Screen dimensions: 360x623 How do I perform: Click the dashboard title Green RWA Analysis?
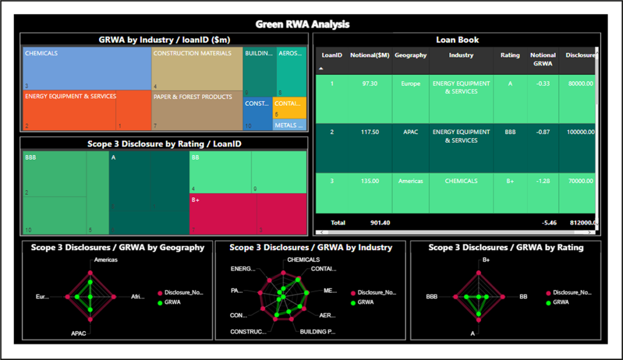click(302, 24)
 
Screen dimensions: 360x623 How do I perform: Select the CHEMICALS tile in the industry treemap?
click(86, 68)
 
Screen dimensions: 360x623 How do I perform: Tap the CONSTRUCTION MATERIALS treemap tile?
click(197, 68)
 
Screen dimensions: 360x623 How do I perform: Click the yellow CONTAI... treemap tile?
click(289, 107)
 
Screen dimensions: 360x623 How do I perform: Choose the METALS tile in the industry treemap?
click(289, 125)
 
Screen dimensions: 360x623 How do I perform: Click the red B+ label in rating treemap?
click(196, 199)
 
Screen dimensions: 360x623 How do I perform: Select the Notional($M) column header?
click(369, 55)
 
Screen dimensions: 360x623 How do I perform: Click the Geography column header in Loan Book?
click(411, 55)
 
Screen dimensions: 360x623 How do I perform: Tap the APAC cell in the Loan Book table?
click(411, 132)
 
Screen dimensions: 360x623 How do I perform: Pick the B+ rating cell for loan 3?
click(510, 181)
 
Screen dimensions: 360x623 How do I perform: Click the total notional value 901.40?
click(380, 223)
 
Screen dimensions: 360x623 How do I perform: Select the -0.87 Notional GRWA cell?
click(543, 132)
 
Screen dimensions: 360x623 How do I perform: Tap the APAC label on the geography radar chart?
click(78, 334)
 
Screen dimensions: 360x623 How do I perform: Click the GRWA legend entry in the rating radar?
click(560, 302)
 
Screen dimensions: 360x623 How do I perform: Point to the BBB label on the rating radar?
click(431, 297)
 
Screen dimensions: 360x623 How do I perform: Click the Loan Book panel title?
click(458, 40)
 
